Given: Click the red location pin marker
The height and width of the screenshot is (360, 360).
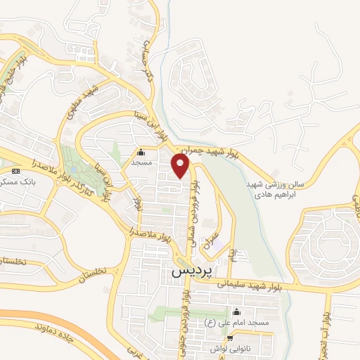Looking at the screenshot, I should pyautogui.click(x=181, y=167).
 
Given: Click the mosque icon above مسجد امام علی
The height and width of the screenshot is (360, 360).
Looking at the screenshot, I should pyautogui.click(x=236, y=312).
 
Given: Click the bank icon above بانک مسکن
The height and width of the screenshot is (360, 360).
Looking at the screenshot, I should pyautogui.click(x=16, y=171).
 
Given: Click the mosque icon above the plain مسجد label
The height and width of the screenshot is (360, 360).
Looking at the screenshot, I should pyautogui.click(x=141, y=151).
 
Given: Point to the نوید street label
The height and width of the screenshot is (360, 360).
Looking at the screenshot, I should pyautogui.click(x=136, y=203).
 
